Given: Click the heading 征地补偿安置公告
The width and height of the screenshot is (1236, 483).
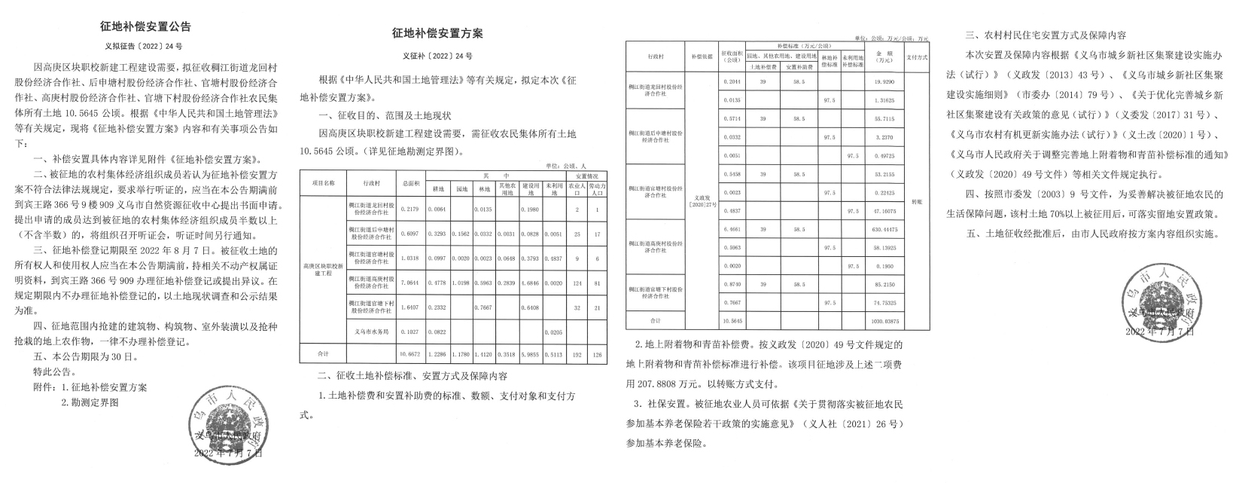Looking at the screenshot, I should point(145,26).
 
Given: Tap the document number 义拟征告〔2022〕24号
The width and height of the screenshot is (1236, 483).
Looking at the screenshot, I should point(145,45).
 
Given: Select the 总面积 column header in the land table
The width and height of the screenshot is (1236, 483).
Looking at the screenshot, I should point(409,183).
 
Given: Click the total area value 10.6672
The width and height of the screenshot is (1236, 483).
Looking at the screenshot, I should point(409,353).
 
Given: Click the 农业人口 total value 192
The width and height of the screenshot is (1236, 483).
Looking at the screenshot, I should point(577,353).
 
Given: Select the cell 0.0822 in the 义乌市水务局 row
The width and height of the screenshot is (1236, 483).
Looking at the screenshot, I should point(437,332).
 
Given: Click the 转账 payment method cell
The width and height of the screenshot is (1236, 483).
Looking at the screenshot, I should point(915,202).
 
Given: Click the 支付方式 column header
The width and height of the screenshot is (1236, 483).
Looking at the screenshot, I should point(915,57).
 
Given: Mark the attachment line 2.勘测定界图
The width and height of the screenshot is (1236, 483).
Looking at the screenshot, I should point(90,402).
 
